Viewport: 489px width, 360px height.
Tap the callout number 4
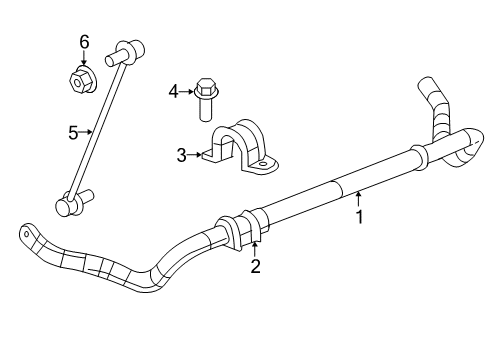tap(173, 92)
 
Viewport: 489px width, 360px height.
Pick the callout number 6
tap(85, 41)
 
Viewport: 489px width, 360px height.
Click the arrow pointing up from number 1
tap(358, 196)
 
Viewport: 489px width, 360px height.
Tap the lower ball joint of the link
tap(67, 204)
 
